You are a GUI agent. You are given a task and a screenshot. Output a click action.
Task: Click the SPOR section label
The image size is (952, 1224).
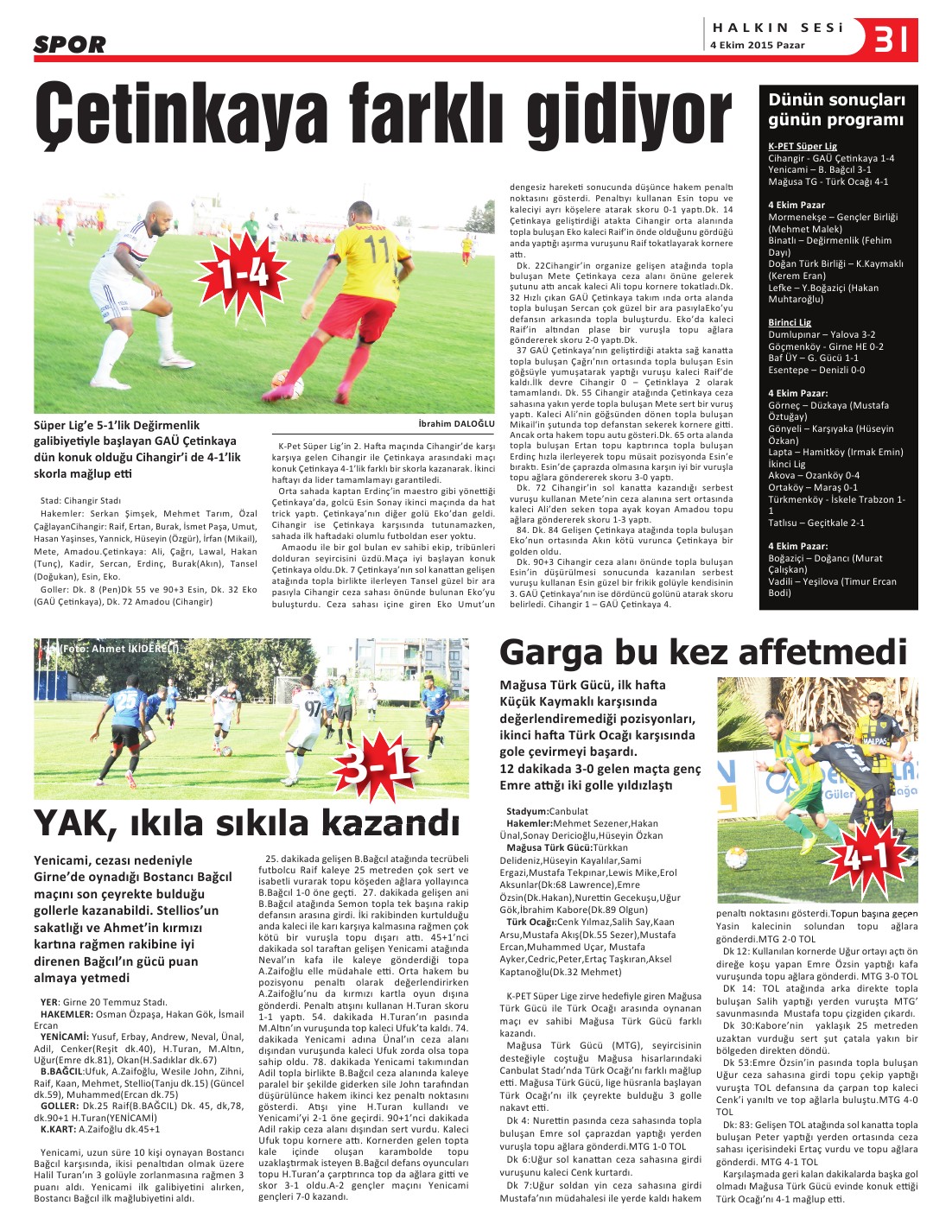(69, 44)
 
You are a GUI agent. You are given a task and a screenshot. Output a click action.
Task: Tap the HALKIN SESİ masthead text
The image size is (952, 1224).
(777, 28)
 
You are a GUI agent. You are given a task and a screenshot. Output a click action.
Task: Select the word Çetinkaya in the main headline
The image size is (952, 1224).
(185, 114)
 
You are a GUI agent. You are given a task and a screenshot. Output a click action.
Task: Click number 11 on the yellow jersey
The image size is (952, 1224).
(377, 250)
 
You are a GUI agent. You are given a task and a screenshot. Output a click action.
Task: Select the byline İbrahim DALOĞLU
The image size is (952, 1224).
(456, 424)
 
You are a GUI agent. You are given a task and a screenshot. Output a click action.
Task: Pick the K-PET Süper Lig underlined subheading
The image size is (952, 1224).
(803, 147)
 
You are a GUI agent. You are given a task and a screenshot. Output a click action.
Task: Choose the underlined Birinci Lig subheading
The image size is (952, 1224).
(790, 322)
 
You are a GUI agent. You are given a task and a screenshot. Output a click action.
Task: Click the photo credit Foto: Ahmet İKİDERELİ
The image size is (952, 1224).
(112, 647)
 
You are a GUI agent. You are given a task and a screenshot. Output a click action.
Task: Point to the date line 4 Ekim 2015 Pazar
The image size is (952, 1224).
(757, 46)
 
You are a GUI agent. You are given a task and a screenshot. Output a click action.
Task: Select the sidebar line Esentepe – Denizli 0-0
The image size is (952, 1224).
(816, 370)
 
